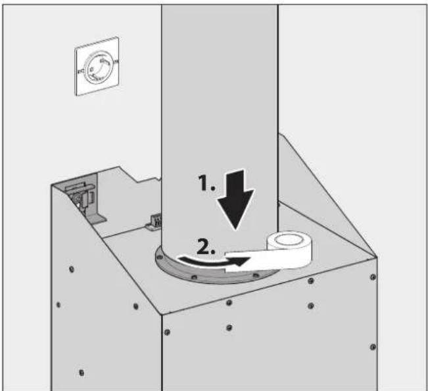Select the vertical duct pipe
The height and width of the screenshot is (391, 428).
220,118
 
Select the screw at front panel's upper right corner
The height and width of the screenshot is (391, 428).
374,269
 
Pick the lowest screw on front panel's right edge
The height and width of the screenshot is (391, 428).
373,347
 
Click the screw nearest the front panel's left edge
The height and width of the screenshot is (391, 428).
167,331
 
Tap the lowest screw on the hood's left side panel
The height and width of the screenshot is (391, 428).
82,373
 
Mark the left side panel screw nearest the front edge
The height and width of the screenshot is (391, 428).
135,306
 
